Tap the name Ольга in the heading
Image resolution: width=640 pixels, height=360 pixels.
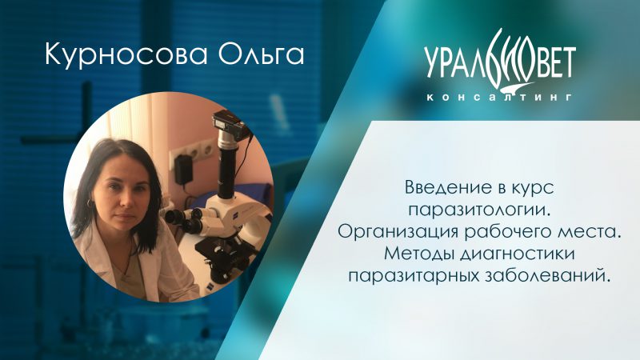click(x=262, y=55)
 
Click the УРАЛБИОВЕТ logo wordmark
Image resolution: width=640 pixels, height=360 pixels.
click(x=499, y=59)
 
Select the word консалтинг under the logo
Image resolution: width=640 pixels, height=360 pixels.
click(x=498, y=97)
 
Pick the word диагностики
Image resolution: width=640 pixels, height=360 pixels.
click(x=517, y=254)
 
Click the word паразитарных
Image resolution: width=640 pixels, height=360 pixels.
click(x=414, y=276)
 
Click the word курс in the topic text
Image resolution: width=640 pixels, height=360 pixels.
click(x=534, y=189)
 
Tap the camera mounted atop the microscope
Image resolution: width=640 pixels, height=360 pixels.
click(x=230, y=125)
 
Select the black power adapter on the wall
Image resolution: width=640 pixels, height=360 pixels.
click(x=183, y=169)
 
